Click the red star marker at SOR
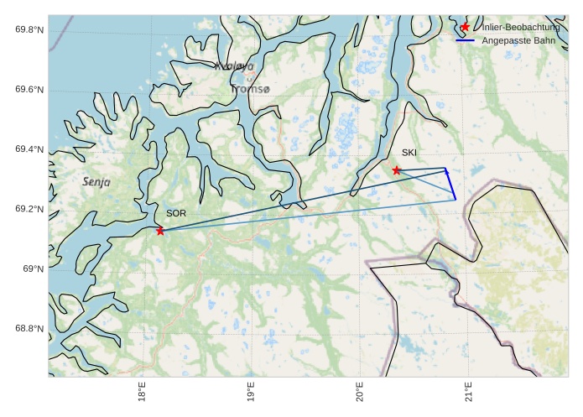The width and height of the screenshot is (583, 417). coord(160,231)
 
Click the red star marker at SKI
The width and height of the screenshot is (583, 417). coord(397,170)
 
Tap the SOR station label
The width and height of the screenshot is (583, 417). coord(175,214)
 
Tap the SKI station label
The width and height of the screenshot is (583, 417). coord(409,153)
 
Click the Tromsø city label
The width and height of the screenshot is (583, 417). coord(250,89)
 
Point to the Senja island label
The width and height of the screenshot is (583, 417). coord(96,181)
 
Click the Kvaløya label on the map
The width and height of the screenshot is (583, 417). coord(234,66)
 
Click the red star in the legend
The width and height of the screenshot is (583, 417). coord(465,28)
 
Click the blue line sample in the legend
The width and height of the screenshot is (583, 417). coord(465,40)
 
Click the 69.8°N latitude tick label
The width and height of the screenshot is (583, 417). coord(29,30)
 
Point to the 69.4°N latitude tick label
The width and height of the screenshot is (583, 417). coord(29,149)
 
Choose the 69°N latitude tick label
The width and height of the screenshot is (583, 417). coord(34,268)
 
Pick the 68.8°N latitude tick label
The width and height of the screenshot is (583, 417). coord(29,329)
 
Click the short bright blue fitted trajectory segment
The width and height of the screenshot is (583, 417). coord(450,184)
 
